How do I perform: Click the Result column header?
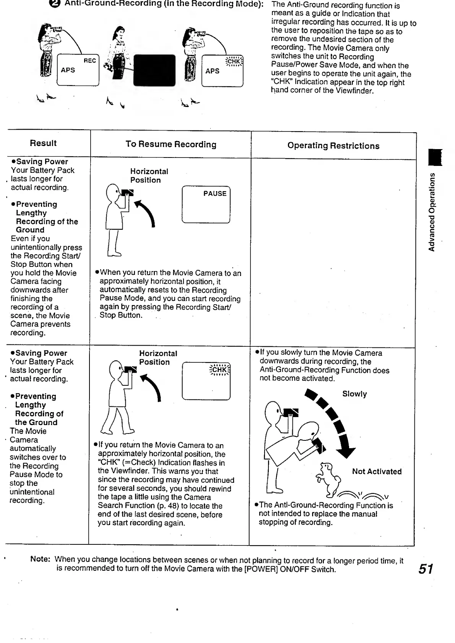(x=43, y=143)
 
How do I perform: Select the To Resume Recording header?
(x=171, y=145)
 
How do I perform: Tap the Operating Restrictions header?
(x=333, y=146)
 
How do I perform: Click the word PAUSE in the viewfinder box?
(x=215, y=194)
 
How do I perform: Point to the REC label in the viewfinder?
(x=90, y=61)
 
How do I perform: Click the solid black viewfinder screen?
(x=154, y=70)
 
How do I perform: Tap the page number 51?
(x=426, y=569)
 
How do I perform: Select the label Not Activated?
(x=377, y=472)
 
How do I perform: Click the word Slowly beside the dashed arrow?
(x=354, y=394)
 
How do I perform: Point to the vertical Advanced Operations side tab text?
(x=432, y=212)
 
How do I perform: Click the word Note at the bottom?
(x=40, y=559)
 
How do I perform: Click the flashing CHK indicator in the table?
(x=219, y=370)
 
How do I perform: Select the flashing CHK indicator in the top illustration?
(x=234, y=62)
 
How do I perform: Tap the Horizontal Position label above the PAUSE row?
(x=149, y=176)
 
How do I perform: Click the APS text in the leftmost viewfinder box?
(x=68, y=70)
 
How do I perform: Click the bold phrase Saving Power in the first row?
(x=42, y=162)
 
